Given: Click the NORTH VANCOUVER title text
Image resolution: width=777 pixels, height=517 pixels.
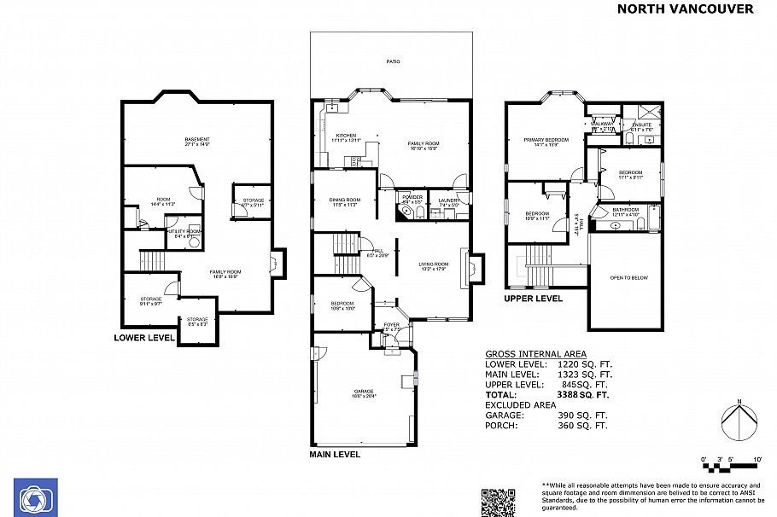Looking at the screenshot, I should tap(685, 9).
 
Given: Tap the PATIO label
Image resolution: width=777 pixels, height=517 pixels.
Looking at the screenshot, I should tap(393, 61).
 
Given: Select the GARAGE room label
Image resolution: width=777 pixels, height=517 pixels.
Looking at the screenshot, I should tap(365, 393).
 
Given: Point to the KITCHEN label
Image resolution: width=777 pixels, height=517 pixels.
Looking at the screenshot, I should tap(346, 137).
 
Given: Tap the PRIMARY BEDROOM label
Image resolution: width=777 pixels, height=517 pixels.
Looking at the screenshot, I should tap(546, 140).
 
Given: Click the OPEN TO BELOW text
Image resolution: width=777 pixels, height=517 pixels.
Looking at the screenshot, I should tap(628, 278).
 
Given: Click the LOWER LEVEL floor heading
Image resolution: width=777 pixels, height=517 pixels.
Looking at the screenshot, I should tap(144, 338).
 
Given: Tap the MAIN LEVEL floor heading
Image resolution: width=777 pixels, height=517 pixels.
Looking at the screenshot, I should tap(335, 455).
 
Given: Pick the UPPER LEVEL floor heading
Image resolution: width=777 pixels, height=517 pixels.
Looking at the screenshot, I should tap(533, 299).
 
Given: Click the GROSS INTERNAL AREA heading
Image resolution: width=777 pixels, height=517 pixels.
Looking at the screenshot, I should tap(535, 353).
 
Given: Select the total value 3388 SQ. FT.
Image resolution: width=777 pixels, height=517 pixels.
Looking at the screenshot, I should tap(580, 395).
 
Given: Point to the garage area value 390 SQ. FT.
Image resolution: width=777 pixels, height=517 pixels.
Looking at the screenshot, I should tap(588, 415).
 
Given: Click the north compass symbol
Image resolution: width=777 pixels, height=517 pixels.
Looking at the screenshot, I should tap(739, 421).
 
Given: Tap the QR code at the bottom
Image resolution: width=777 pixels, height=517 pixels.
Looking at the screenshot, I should tap(499, 501).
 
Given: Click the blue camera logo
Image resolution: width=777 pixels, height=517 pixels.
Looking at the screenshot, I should tap(36, 497).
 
